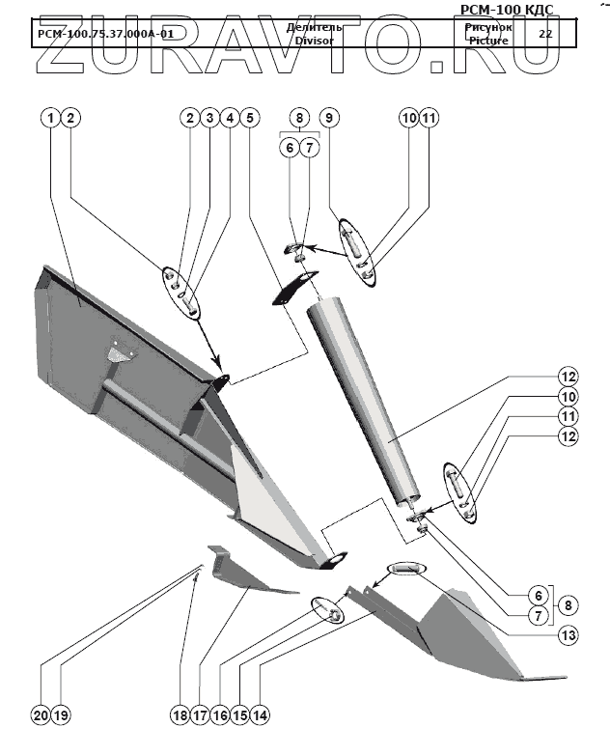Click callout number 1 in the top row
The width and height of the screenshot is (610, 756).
(51, 118)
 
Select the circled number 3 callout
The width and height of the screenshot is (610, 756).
(208, 118)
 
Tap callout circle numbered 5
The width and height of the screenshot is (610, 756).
(249, 118)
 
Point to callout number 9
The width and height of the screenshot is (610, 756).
(329, 118)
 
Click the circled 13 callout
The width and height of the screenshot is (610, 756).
(568, 635)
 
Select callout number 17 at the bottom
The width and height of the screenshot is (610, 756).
(200, 715)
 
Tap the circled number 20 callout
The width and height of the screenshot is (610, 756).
(40, 715)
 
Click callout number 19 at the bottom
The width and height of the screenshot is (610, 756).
(60, 715)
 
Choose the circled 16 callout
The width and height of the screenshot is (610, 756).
(220, 715)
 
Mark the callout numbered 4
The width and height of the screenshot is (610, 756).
(229, 118)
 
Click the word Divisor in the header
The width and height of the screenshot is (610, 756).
(314, 41)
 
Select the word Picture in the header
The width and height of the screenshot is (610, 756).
(487, 42)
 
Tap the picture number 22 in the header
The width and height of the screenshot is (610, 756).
(545, 33)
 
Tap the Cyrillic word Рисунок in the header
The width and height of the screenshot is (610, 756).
(487, 28)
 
